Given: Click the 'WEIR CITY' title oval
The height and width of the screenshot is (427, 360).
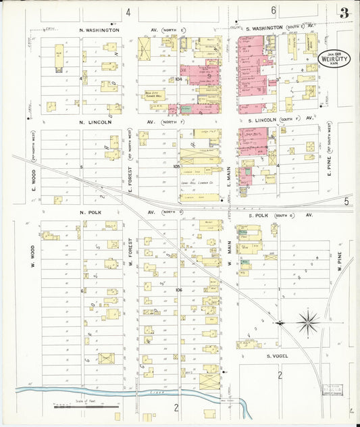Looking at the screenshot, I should coord(329,57).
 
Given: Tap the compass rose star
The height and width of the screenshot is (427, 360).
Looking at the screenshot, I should coord(308,322).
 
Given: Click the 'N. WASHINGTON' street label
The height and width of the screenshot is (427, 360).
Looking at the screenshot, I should coord(99,30).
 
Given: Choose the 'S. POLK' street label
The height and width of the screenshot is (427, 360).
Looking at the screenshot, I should coord(262,215).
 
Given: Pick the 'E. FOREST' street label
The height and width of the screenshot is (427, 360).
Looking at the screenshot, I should coord(130,181).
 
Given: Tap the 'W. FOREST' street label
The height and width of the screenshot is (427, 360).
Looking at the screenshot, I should coord(130,253).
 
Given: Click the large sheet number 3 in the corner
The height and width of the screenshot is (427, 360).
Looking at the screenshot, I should coord(344,12).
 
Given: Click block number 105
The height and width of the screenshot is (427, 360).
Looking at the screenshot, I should coord(176,166).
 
